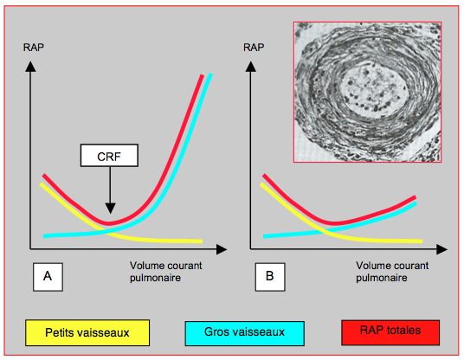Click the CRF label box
109,155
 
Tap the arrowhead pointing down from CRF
111,209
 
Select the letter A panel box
48,277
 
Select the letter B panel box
270,277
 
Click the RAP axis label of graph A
34,48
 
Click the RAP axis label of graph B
254,48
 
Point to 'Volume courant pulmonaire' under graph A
165,272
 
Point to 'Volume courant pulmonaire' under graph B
392,272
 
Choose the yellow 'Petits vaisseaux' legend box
87,332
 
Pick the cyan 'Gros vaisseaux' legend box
244,333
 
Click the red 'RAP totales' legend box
390,332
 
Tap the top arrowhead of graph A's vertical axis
30,67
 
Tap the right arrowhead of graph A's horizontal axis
222,249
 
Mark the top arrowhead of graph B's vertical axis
251,67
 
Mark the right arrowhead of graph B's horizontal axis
442,249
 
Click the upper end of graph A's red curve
203,76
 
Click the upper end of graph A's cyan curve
210,74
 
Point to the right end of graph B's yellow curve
422,241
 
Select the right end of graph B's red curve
416,197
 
